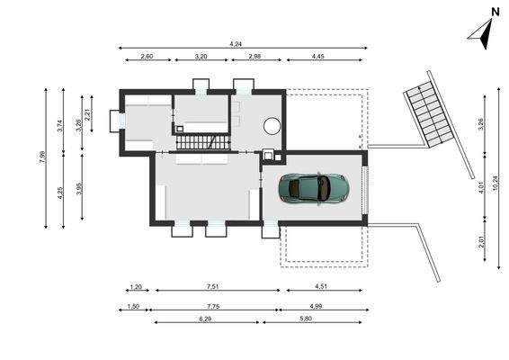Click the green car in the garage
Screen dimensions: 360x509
click(x=314, y=187)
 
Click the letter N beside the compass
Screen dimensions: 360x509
click(x=495, y=12)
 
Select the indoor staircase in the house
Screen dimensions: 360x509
click(x=202, y=141)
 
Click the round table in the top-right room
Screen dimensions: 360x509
click(x=271, y=127)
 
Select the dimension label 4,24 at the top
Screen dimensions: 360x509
click(x=237, y=43)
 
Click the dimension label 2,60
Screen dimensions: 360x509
click(x=147, y=57)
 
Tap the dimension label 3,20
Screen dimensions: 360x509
click(x=202, y=57)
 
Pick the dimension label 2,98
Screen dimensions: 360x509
click(x=254, y=57)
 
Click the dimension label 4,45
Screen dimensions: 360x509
click(x=319, y=57)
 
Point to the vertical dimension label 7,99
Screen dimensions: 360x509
click(x=42, y=156)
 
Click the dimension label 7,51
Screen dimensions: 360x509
click(x=213, y=287)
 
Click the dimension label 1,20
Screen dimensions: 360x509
click(x=136, y=287)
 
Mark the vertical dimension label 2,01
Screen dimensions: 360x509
click(x=482, y=240)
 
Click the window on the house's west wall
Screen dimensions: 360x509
click(x=115, y=121)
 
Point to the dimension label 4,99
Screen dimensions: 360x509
click(x=321, y=306)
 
